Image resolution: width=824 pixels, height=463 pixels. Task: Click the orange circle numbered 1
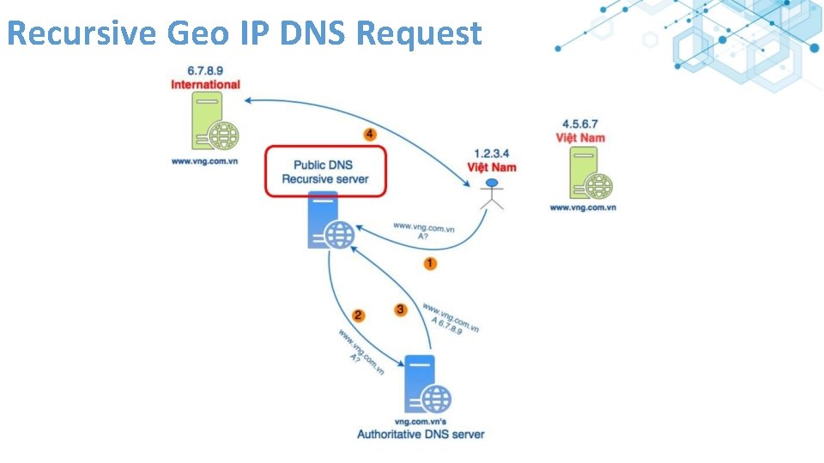click(x=430, y=263)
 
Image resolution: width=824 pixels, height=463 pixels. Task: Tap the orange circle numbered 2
click(x=359, y=316)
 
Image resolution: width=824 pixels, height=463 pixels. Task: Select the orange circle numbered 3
click(x=400, y=310)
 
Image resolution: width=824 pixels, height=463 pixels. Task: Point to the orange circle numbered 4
click(x=370, y=135)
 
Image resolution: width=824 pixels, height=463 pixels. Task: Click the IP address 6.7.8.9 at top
click(x=205, y=70)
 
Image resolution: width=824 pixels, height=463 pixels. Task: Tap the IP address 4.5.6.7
click(x=580, y=123)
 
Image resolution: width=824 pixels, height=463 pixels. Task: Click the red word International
click(x=205, y=85)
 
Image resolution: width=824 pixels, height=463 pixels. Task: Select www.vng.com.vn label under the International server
click(x=203, y=161)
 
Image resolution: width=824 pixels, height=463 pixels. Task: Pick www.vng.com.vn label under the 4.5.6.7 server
click(x=583, y=207)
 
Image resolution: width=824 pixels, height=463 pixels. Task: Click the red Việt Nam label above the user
click(x=491, y=167)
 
